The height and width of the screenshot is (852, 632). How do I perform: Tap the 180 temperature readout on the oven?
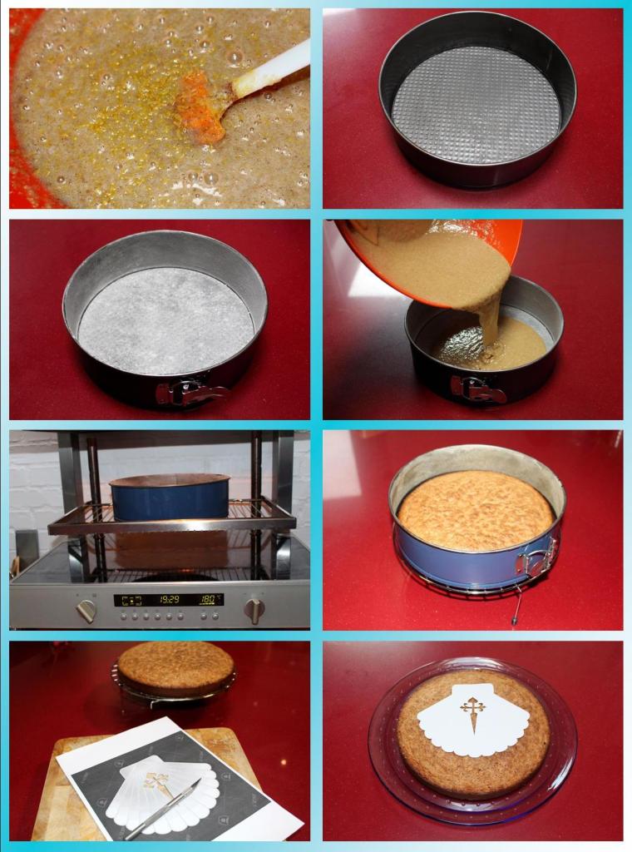click(210, 599)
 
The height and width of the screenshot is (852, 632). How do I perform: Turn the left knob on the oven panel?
click(86, 611)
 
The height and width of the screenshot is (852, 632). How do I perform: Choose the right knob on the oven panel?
click(254, 610)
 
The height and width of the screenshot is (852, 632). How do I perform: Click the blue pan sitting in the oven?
click(169, 499)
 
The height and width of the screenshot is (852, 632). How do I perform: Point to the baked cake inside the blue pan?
click(475, 510)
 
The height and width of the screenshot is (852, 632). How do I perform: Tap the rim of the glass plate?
click(378, 749)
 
